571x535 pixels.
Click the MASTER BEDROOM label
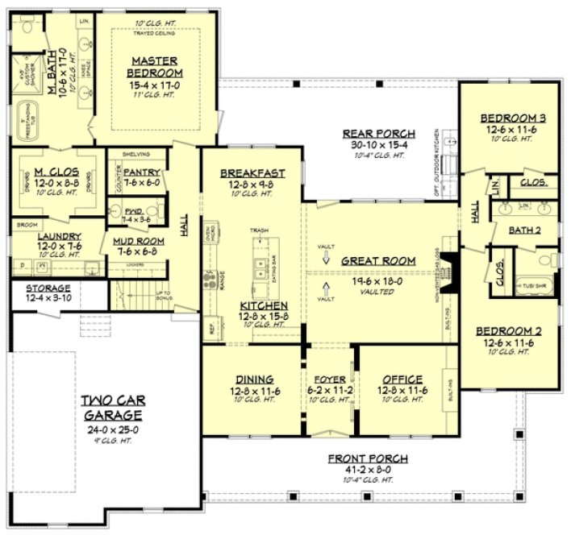pyautogui.click(x=155, y=66)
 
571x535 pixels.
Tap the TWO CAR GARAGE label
pyautogui.click(x=111, y=407)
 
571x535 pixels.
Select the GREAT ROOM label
pyautogui.click(x=377, y=261)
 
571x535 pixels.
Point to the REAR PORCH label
pyautogui.click(x=378, y=134)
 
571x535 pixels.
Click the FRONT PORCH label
pyautogui.click(x=368, y=458)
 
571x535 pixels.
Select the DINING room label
pyautogui.click(x=254, y=379)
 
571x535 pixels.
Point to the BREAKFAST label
pyautogui.click(x=252, y=173)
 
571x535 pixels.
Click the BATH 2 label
pyautogui.click(x=525, y=230)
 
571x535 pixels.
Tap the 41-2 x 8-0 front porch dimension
pyautogui.click(x=368, y=469)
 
